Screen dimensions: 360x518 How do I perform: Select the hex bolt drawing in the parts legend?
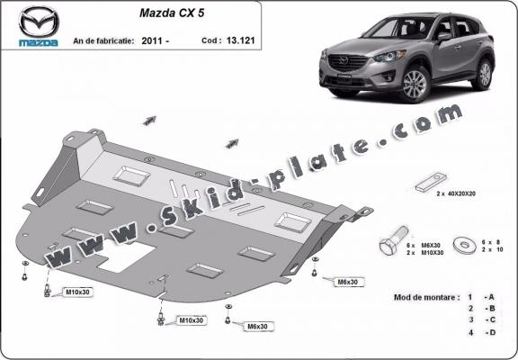390,243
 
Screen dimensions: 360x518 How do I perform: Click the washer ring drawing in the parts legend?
466,243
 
